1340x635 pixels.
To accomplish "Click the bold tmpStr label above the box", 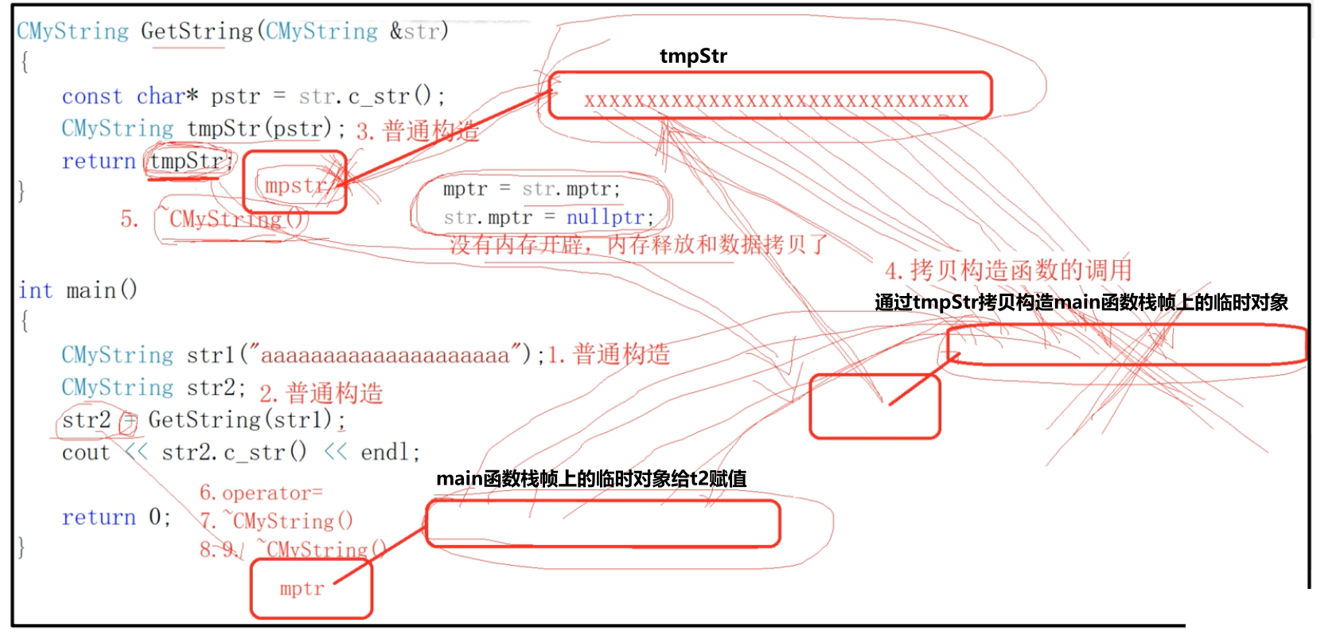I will (x=693, y=56).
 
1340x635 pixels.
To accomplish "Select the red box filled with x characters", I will (x=770, y=96).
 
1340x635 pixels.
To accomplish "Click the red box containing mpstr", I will (x=294, y=183).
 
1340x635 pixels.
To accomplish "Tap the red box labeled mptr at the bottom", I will (x=310, y=589).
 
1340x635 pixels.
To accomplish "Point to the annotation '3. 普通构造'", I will (x=417, y=131).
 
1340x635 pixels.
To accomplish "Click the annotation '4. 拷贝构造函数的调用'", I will (x=1008, y=271).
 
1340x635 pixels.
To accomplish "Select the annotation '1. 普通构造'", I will (x=609, y=354).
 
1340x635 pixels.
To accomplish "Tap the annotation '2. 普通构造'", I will (x=321, y=393).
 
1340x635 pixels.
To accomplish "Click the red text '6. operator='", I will (x=261, y=493).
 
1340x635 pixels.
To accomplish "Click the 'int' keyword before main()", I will (x=36, y=290).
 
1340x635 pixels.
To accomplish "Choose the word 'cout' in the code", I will (x=86, y=453).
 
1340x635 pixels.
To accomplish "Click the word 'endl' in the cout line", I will (x=385, y=453).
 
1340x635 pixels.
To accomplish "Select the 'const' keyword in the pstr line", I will (x=92, y=96).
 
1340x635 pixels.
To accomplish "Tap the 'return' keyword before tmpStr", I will (x=99, y=162).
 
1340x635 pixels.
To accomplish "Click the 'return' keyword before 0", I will (x=99, y=518).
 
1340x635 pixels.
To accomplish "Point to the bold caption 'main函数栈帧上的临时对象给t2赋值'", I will (x=591, y=478).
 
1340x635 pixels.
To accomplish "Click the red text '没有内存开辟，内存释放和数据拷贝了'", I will (x=638, y=245).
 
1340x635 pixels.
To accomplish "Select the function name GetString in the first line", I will (x=197, y=31).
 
